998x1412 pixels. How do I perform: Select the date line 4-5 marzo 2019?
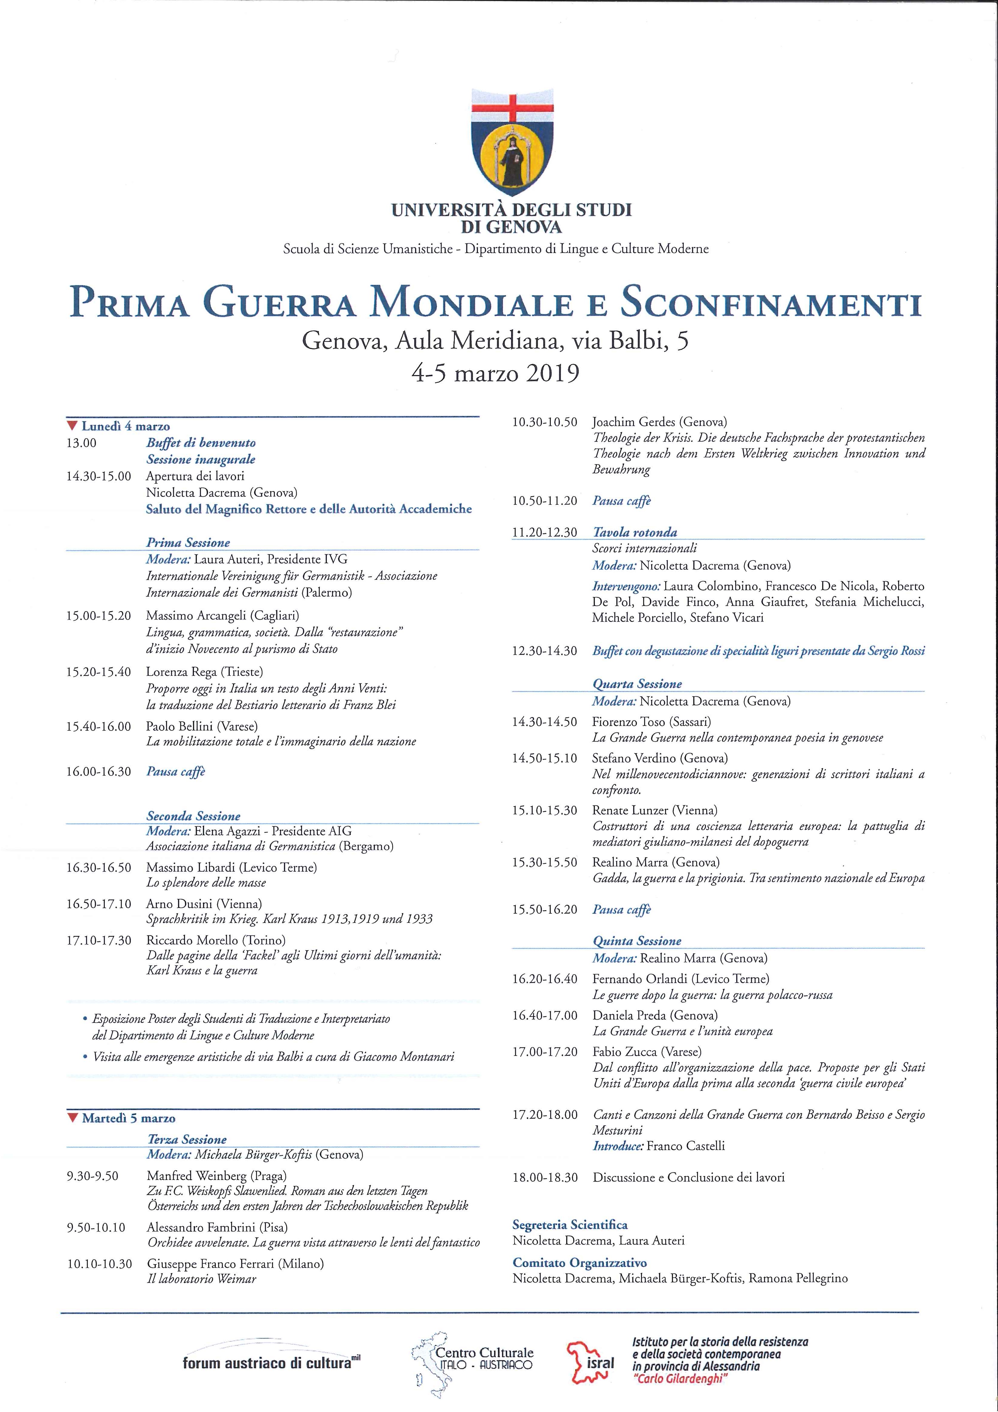pyautogui.click(x=495, y=373)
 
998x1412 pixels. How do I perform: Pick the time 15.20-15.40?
pyautogui.click(x=98, y=672)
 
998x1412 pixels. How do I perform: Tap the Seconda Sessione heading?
pyautogui.click(x=193, y=816)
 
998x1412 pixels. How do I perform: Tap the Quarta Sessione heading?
pyautogui.click(x=637, y=684)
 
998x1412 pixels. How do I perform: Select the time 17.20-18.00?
pyautogui.click(x=544, y=1114)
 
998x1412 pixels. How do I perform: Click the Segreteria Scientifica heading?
pyautogui.click(x=570, y=1224)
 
